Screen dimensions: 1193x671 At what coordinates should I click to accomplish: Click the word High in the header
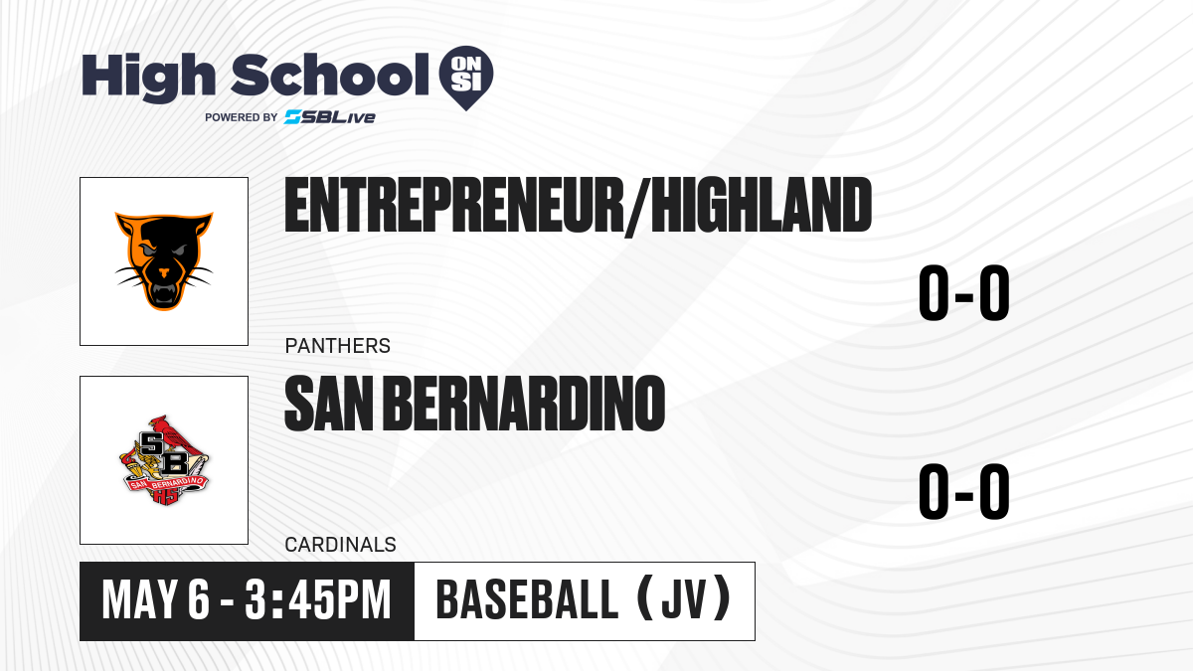[149, 77]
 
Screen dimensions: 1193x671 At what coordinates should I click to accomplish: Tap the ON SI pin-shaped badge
[466, 78]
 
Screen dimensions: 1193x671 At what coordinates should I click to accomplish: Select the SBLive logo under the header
[330, 117]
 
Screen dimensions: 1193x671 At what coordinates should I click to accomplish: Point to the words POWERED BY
[242, 117]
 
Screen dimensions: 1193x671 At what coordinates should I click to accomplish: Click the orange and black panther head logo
[164, 260]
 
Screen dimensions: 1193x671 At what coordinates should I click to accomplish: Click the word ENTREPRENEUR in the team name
[453, 205]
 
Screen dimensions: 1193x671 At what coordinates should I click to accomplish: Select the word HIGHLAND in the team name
[762, 205]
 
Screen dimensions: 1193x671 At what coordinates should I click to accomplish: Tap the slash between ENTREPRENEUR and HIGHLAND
[637, 207]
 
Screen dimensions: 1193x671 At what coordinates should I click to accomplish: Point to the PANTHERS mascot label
[338, 346]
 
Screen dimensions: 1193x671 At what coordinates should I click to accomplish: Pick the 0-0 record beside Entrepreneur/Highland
[964, 293]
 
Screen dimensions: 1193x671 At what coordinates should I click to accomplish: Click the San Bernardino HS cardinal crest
[164, 460]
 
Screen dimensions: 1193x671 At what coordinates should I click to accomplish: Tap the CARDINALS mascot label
[340, 545]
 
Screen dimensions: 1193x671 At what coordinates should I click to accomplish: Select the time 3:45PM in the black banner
[318, 600]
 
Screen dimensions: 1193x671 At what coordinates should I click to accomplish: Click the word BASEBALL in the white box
[527, 600]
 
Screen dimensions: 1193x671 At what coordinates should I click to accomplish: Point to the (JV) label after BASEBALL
[684, 599]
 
